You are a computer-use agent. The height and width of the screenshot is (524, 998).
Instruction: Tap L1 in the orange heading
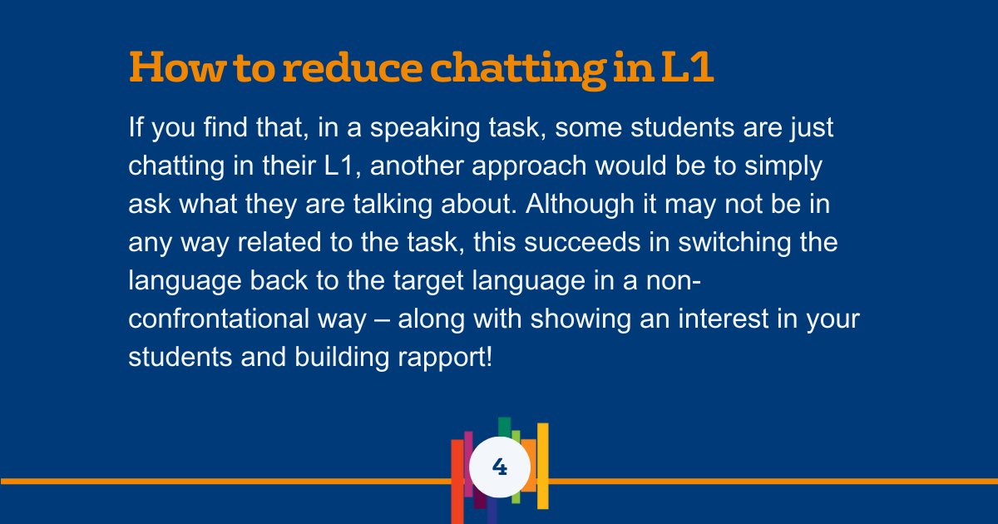(686, 67)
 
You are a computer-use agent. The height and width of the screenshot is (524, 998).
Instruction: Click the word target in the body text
(449, 279)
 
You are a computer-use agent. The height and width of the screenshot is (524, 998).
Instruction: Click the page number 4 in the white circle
(500, 467)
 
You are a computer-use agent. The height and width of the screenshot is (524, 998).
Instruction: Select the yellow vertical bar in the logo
(542, 466)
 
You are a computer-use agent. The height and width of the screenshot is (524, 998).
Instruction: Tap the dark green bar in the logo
(504, 426)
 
